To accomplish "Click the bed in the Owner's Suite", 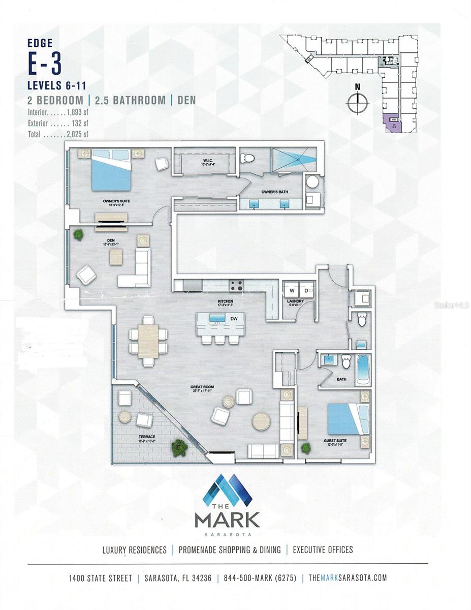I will [x=111, y=169].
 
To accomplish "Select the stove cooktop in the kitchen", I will [x=237, y=286].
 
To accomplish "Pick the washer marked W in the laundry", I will [x=292, y=291].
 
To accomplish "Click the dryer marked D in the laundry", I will [x=306, y=291].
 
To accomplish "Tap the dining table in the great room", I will [x=148, y=341].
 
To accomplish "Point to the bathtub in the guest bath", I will [x=363, y=369].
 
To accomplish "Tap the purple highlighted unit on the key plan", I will [x=391, y=124].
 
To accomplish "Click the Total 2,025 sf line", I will [x=58, y=135].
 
